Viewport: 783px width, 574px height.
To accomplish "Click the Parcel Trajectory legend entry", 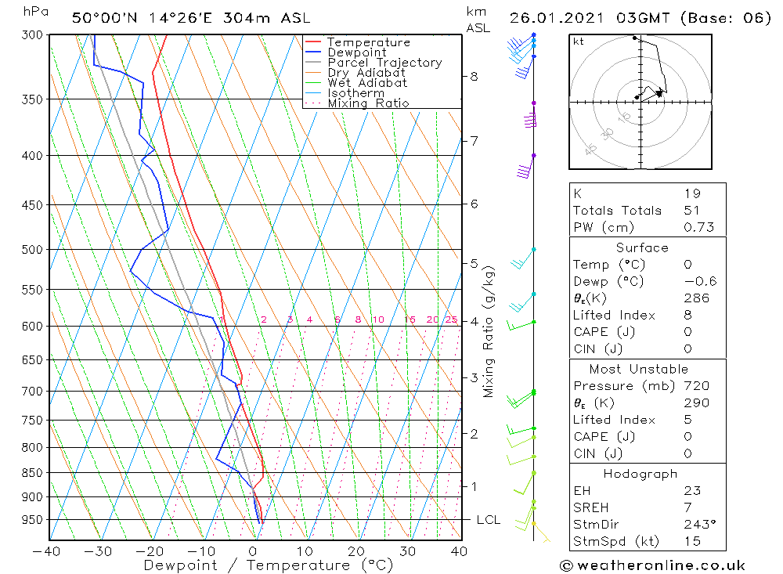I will [x=384, y=63].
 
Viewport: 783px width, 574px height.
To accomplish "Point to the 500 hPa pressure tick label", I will [x=31, y=250].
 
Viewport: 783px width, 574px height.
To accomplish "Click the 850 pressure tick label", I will [x=31, y=473].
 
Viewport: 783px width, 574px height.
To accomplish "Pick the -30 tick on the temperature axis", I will [x=99, y=551].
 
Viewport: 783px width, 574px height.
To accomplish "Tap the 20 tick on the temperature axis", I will [x=356, y=551].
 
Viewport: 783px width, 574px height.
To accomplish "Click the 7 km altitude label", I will [x=474, y=141].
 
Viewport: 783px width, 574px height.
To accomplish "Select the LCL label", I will [x=489, y=520].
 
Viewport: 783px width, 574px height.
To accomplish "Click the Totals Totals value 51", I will [x=692, y=211].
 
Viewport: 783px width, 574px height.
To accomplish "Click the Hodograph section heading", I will [x=641, y=474].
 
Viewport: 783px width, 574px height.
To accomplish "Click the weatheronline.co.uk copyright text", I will [x=652, y=565].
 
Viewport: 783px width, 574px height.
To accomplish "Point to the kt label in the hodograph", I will [x=579, y=42].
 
